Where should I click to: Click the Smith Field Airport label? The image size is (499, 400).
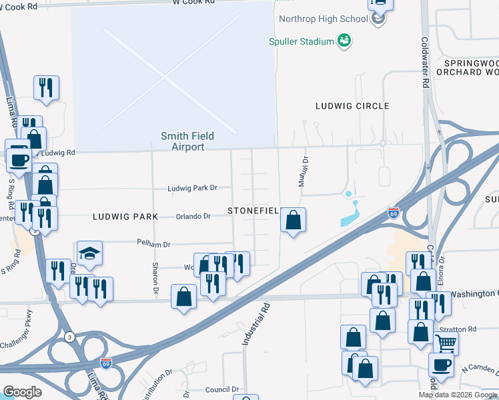(187, 141)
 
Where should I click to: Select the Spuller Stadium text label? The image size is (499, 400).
(301, 41)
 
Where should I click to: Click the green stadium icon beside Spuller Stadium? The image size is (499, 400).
(344, 41)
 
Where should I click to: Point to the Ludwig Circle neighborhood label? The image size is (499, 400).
(352, 106)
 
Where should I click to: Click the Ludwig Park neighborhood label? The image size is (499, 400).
(125, 217)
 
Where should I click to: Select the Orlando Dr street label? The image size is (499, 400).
(193, 217)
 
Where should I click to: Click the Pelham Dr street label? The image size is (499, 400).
(154, 244)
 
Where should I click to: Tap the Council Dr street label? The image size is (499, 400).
(222, 390)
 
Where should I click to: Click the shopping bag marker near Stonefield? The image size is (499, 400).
(293, 219)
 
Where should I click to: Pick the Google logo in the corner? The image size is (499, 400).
(22, 392)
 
